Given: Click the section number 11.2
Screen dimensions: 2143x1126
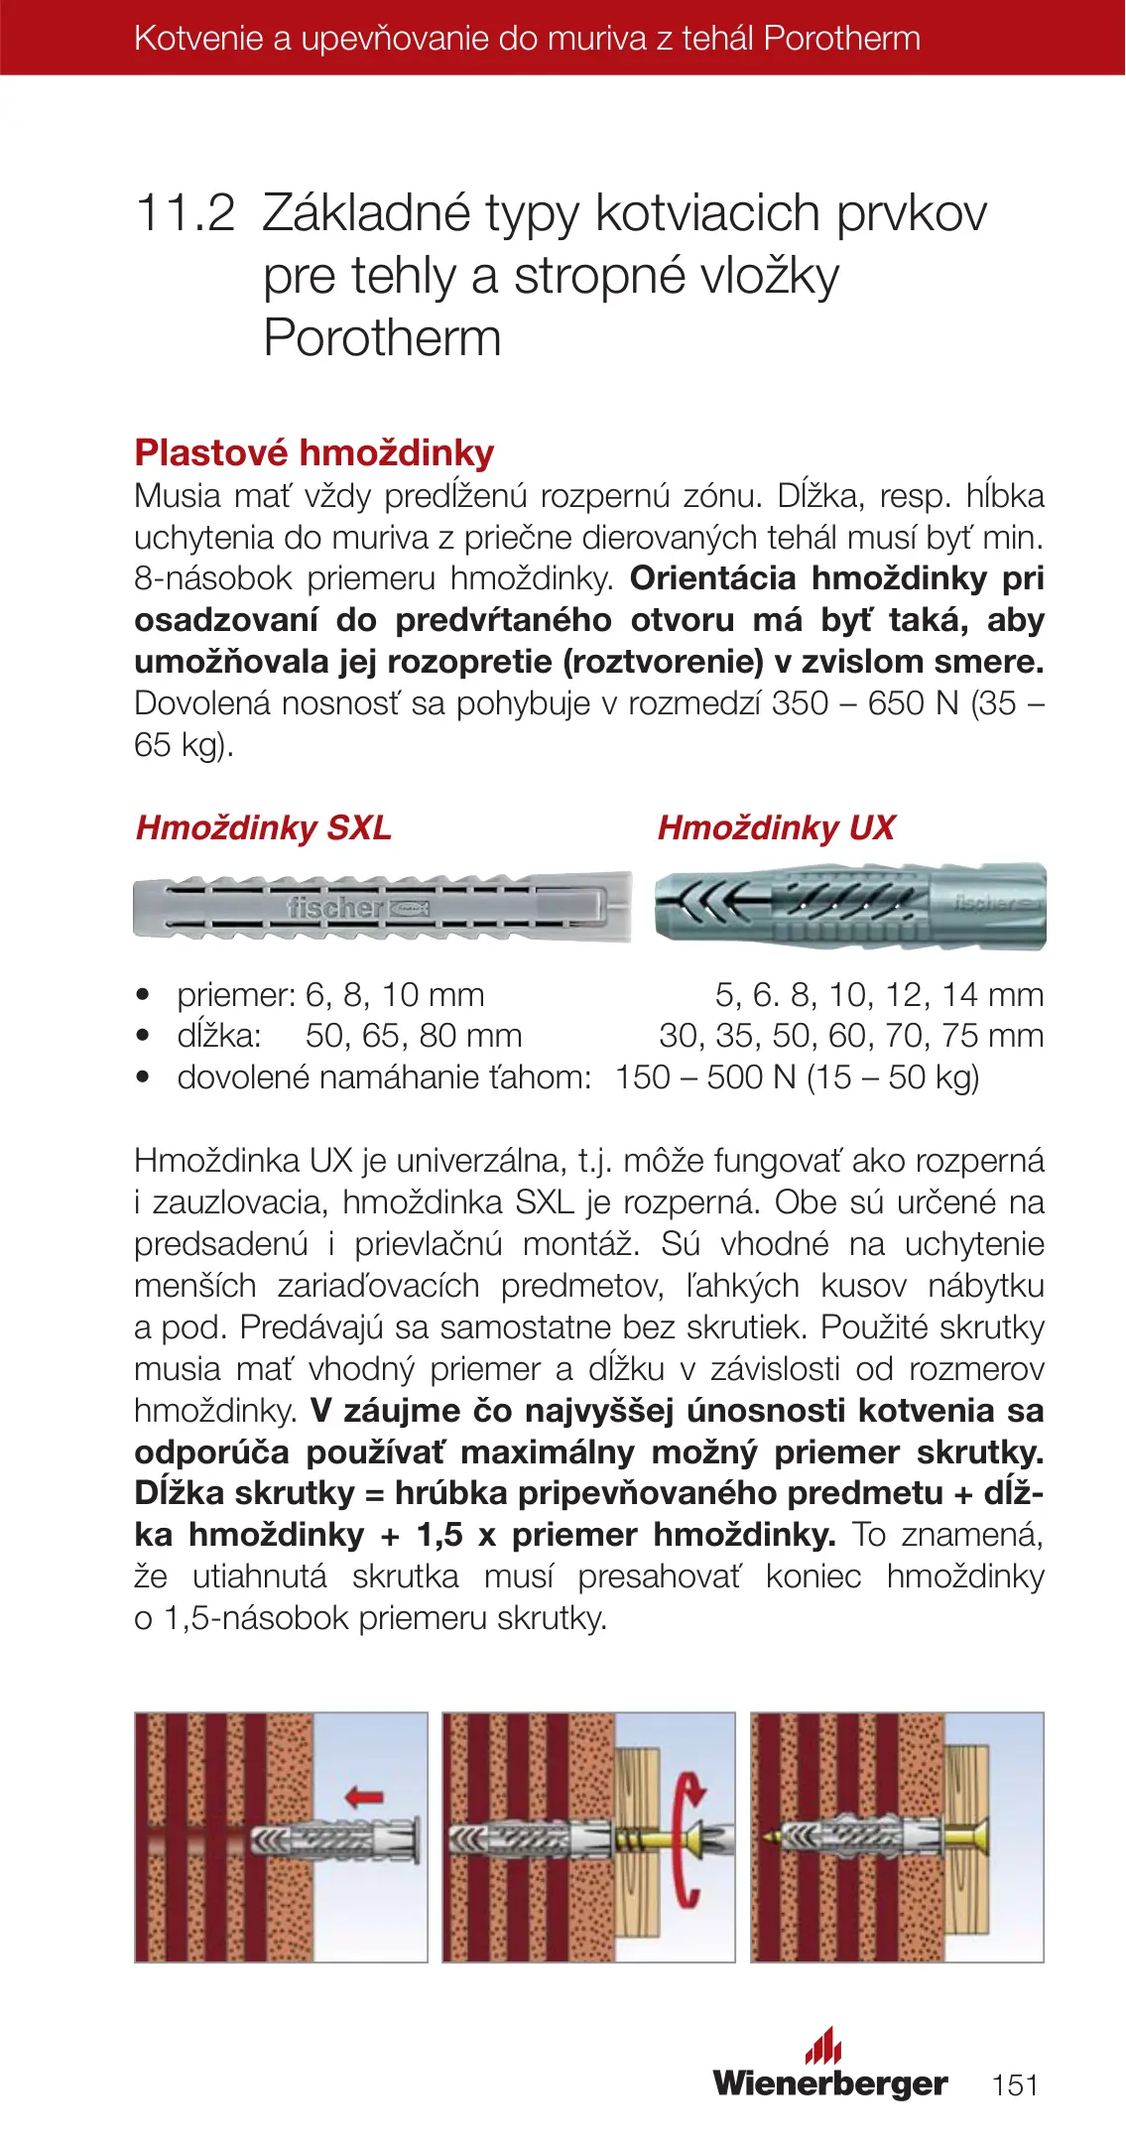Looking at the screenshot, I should [x=186, y=213].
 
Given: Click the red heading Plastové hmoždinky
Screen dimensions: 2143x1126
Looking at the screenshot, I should [x=313, y=452].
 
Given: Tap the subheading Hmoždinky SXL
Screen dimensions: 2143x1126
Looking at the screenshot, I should [x=263, y=827].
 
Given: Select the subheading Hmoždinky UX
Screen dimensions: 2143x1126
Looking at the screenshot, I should [x=776, y=827].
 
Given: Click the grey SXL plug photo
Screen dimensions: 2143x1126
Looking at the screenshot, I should [x=382, y=907].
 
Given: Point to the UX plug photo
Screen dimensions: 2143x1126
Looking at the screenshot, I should [x=849, y=905].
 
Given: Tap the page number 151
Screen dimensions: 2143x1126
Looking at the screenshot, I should [x=1014, y=2084].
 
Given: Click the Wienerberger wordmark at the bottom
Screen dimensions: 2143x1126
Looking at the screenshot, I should [x=829, y=2082].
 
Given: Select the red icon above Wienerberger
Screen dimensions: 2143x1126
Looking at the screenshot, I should [x=823, y=2045].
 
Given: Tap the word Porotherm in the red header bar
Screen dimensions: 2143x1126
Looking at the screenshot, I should [x=842, y=39].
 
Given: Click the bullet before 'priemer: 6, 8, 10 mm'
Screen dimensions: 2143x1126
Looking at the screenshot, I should [x=145, y=994].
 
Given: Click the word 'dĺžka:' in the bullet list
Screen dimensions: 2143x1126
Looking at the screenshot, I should [x=219, y=1036].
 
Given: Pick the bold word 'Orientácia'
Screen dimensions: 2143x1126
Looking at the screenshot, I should [x=712, y=577].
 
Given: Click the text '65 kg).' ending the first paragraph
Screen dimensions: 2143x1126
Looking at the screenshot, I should [x=184, y=744].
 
